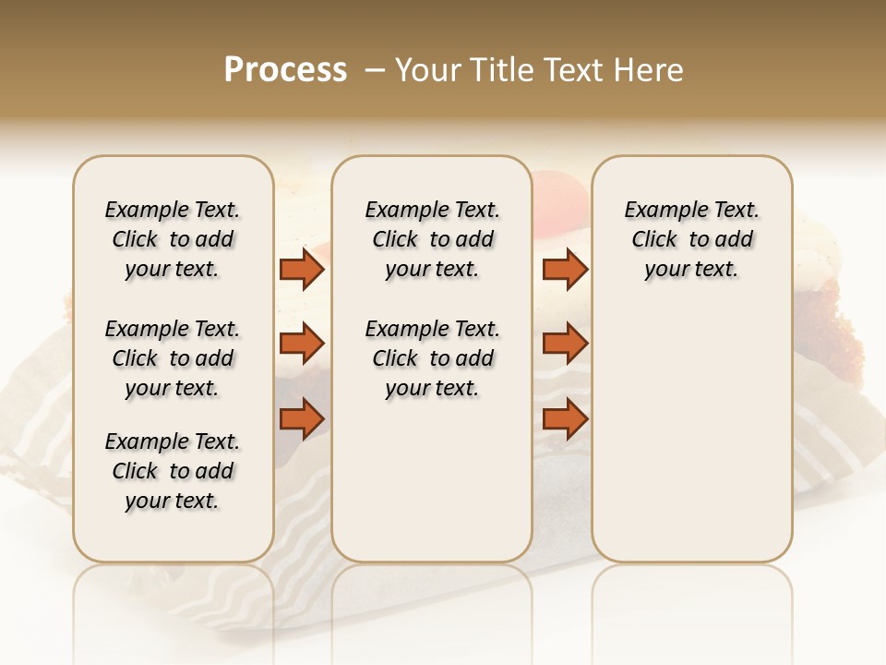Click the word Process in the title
[x=285, y=70]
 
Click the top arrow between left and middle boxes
[x=302, y=269]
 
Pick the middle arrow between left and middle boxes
[x=302, y=344]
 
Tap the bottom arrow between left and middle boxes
[x=302, y=419]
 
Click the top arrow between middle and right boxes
[x=565, y=269]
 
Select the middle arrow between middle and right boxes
[x=565, y=344]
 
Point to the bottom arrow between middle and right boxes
[x=565, y=419]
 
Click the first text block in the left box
[x=173, y=239]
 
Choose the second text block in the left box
[x=173, y=358]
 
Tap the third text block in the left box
[x=173, y=471]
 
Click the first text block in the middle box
[x=432, y=239]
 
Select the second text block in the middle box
[x=432, y=358]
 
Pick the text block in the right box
[x=691, y=239]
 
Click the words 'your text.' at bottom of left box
[x=173, y=501]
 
